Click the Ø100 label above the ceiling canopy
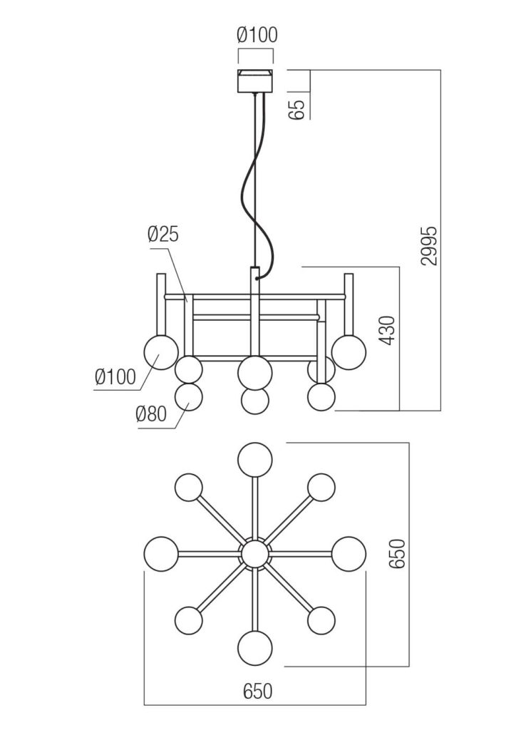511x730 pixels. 257,34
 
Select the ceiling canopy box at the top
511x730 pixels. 255,81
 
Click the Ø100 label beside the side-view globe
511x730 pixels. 115,376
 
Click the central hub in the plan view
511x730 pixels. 255,554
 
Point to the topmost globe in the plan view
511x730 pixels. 255,459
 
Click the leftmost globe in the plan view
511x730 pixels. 160,554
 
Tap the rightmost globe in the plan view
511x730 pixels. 349,554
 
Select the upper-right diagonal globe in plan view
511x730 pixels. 321,488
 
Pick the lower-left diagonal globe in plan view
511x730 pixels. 190,620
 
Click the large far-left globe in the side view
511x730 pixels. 161,351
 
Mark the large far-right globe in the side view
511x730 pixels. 349,351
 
